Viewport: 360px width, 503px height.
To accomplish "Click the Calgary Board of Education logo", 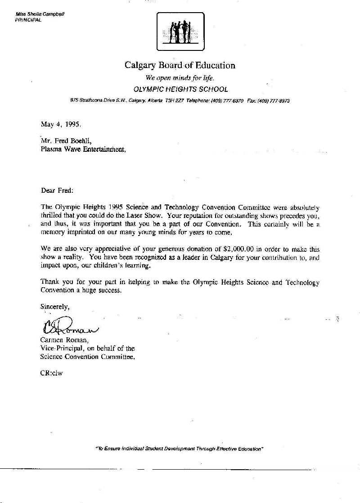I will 180,31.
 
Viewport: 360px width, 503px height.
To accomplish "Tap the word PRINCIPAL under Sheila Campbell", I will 28,20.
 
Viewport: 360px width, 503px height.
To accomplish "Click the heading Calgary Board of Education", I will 180,65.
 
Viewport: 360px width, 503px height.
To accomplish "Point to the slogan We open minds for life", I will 180,77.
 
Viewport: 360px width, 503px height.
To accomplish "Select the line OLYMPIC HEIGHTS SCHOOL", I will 180,89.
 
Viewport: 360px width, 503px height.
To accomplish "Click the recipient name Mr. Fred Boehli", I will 66,140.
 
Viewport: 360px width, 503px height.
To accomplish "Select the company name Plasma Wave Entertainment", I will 83,149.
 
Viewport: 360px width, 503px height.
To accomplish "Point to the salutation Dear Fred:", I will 56,190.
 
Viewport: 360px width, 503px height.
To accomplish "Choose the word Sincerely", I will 55,307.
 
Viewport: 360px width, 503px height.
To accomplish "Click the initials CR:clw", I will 52,373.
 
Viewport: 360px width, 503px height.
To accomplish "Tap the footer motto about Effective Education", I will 179,449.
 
